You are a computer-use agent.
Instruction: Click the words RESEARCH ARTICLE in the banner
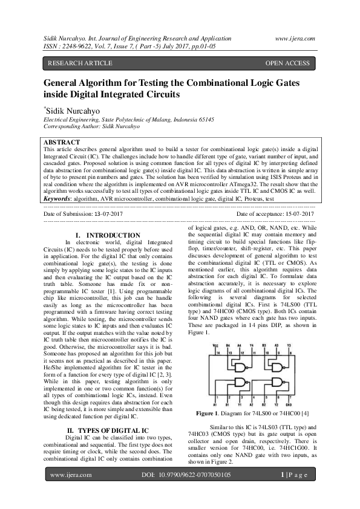(x=80, y=63)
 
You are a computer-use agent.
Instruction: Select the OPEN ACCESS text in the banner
(x=287, y=63)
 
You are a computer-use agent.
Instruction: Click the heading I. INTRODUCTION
(x=107, y=235)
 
